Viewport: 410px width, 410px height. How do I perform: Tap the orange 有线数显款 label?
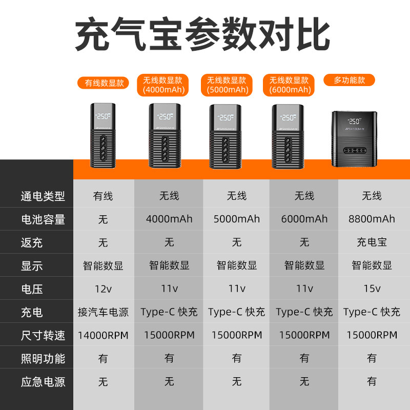(105, 83)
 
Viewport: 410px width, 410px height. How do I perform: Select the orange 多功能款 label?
(350, 80)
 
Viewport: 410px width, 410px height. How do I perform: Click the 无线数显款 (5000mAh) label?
(227, 85)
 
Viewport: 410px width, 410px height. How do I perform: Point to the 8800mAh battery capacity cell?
(372, 219)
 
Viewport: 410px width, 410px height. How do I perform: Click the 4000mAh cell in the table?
(169, 219)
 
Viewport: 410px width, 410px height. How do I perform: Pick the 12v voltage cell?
(103, 289)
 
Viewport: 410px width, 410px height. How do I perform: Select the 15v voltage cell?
(372, 289)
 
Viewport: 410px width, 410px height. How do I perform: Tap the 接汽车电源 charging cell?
(103, 312)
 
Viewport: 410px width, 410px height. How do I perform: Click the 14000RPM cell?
(103, 335)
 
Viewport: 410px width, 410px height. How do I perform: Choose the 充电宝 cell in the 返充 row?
(372, 242)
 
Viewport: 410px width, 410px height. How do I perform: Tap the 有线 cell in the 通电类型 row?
(103, 196)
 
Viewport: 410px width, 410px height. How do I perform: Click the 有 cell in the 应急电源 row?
(372, 381)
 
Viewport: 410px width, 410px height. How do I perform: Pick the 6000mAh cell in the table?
(304, 219)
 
